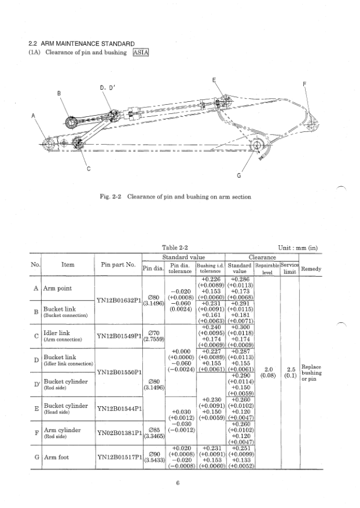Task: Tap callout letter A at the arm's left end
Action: click(33, 116)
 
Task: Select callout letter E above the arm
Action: click(215, 80)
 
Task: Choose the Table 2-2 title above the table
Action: click(175, 247)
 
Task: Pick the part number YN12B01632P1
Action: click(119, 299)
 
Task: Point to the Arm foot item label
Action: click(56, 474)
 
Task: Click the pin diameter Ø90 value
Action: click(154, 470)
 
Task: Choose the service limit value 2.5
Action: click(291, 386)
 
